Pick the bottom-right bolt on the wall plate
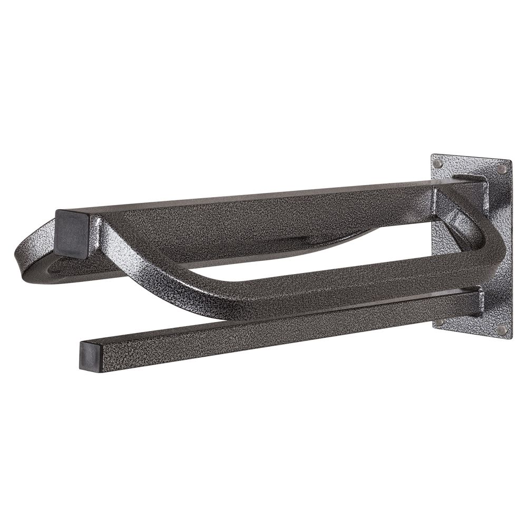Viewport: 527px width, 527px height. pyautogui.click(x=501, y=330)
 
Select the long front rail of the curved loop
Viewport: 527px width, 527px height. pyautogui.click(x=316, y=285)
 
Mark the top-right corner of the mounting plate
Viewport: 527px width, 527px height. pyautogui.click(x=510, y=161)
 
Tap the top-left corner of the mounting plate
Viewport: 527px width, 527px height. pyautogui.click(x=433, y=154)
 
